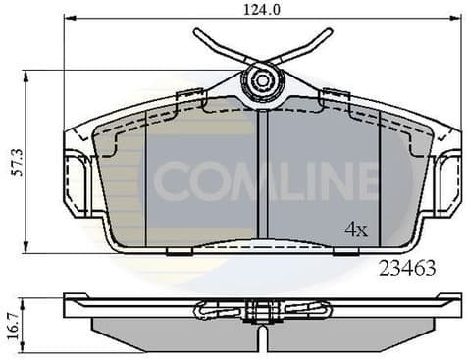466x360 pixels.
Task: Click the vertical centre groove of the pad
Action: pos(262,177)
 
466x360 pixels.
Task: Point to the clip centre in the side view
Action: pos(262,311)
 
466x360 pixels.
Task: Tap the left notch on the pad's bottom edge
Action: pos(178,252)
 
